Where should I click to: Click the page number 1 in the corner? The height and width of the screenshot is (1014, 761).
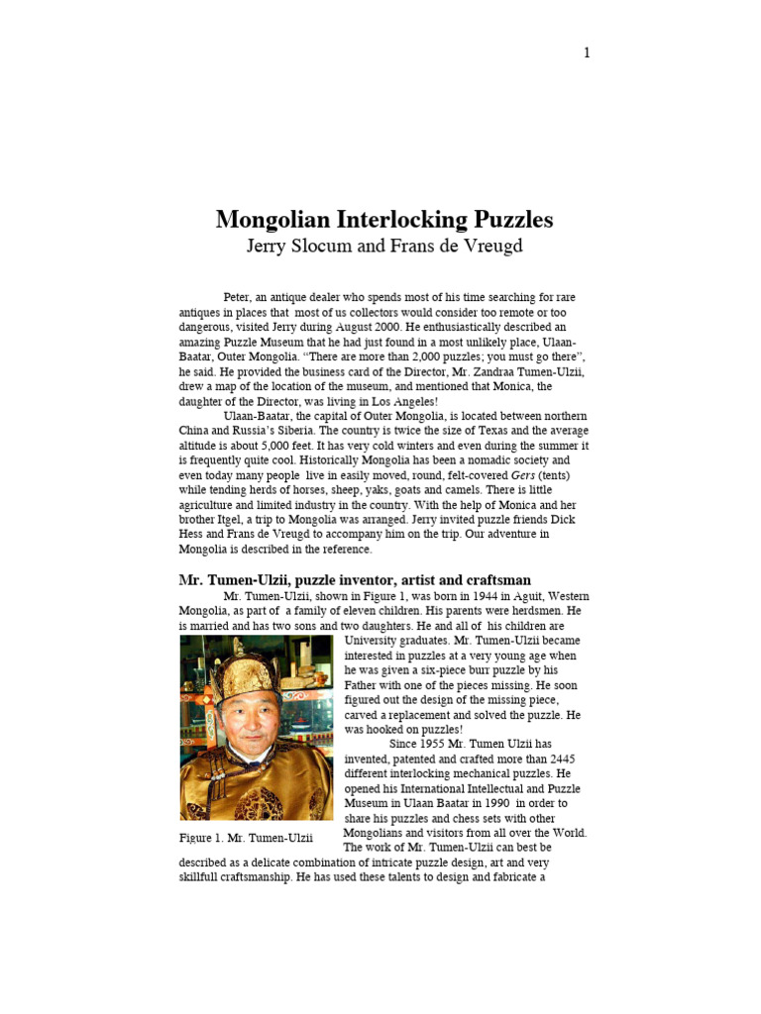(x=587, y=52)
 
